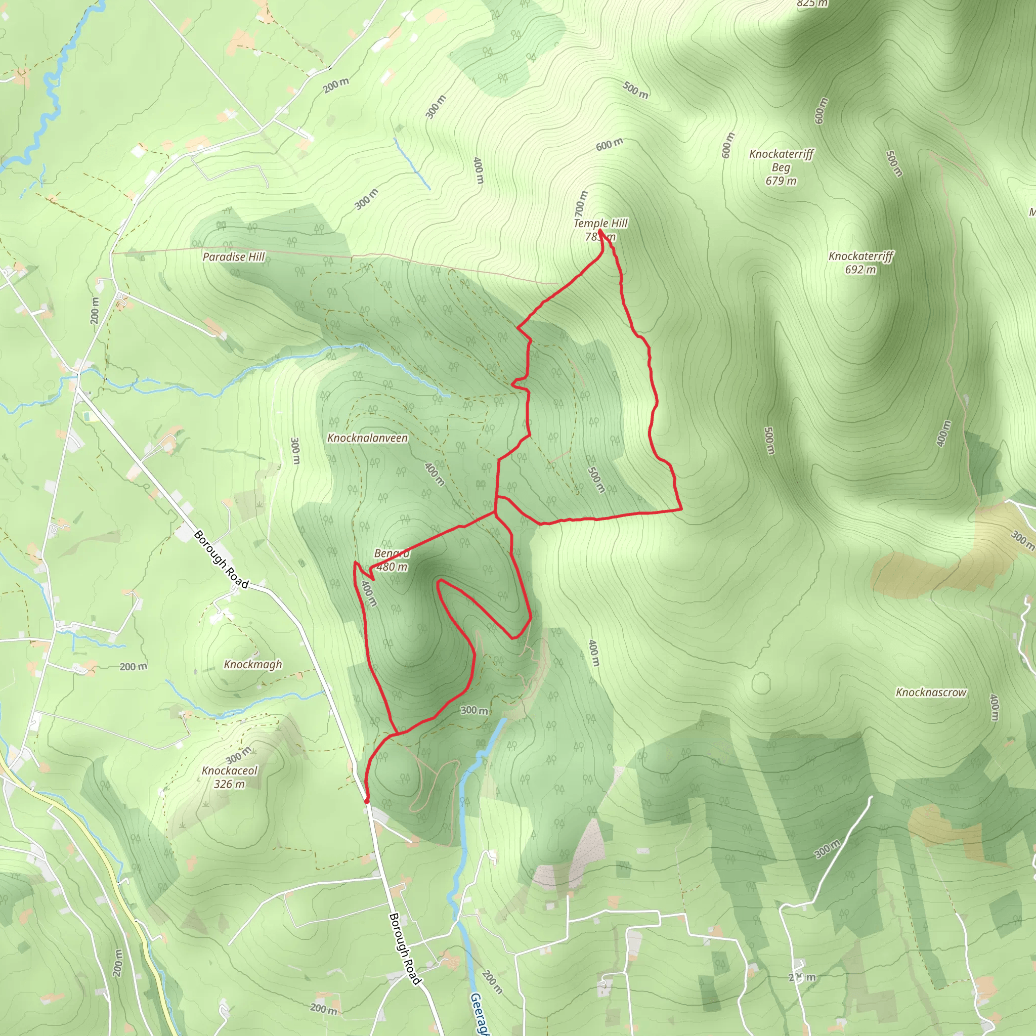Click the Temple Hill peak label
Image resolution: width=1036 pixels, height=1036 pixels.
600,223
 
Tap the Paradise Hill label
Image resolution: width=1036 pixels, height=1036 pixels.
234,257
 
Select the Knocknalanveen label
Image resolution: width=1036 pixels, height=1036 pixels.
367,438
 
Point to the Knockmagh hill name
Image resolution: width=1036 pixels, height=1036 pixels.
252,664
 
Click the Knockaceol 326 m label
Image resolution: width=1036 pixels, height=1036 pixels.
230,777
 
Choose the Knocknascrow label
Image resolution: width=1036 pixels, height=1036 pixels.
931,693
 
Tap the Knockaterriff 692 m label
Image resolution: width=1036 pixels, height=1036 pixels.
860,263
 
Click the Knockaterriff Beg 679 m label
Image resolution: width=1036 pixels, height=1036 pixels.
781,167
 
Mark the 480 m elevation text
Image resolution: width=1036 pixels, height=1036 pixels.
392,567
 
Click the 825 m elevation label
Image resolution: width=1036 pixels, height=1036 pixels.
812,4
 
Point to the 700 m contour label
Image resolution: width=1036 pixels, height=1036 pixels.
581,203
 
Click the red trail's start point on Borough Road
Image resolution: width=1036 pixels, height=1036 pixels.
367,801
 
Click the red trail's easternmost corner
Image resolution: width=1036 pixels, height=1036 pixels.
681,509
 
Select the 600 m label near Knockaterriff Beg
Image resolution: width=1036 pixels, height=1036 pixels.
727,145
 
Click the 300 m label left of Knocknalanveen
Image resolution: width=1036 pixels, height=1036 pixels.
295,451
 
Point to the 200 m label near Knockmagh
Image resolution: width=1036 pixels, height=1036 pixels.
133,667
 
